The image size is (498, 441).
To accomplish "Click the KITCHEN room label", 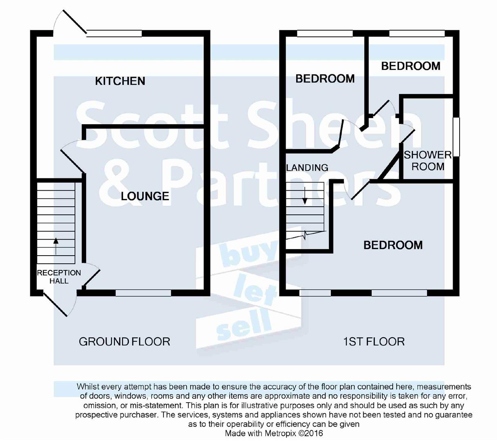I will pos(120,81).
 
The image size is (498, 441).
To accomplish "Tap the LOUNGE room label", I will pos(145,196).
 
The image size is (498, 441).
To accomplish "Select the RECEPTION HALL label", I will pos(59,277).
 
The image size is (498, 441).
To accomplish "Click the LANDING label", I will pos(307,167).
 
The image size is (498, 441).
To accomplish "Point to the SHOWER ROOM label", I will pos(428,160).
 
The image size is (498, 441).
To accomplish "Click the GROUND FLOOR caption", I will pos(124,341).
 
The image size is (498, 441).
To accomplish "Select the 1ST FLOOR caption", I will pos(374,341).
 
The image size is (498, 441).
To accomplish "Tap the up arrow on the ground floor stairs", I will pos(56,246).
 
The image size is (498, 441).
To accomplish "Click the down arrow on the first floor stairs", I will pos(305,196).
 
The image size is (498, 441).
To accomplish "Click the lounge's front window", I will pos(143,292).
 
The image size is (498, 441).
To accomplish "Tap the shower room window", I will pos(456,137).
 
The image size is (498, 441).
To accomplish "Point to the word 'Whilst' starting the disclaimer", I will pos(88,386).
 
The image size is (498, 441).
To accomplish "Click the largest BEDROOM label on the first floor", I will pos(393,245).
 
